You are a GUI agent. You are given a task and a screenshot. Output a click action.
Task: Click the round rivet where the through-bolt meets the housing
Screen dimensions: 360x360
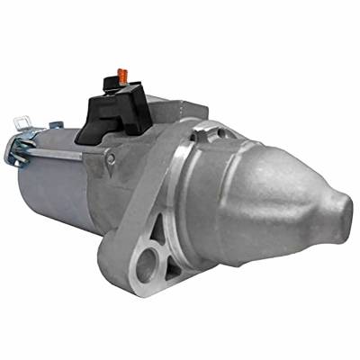pos(111,159)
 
